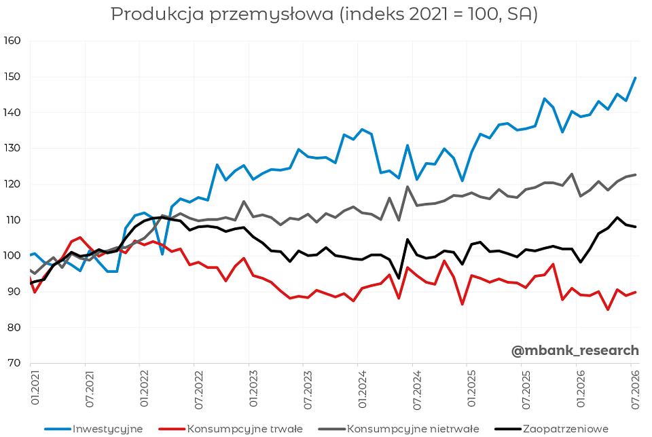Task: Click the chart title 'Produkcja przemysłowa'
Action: [222, 14]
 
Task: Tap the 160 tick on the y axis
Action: [12, 41]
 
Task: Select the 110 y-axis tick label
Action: [12, 220]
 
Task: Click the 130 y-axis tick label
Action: [12, 149]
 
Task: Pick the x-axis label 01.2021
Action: [35, 388]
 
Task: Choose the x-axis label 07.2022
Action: [199, 389]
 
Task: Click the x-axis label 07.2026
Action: [635, 389]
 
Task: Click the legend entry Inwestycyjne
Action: [94, 429]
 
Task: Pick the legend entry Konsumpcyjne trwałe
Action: [231, 429]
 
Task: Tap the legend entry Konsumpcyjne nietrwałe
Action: [399, 429]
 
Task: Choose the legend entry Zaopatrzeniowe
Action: [551, 429]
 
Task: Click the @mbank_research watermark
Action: [575, 351]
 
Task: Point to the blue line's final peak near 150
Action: [635, 77]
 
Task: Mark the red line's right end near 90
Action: [636, 292]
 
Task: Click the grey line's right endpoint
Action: [636, 174]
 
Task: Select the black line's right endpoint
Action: [636, 227]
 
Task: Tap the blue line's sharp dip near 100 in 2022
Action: [162, 254]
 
